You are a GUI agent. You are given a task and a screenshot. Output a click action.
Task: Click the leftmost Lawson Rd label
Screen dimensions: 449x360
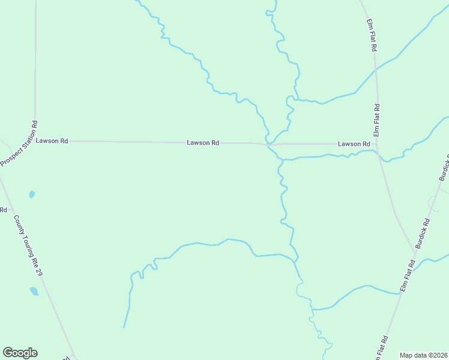pos(52,141)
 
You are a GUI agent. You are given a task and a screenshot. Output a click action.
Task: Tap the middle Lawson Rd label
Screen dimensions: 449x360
pos(203,143)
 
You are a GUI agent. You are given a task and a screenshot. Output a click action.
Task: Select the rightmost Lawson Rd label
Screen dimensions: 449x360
pos(354,144)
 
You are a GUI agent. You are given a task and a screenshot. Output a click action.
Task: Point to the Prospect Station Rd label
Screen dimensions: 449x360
pos(19,144)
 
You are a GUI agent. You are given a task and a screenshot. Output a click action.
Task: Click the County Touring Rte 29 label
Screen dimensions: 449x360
pos(29,246)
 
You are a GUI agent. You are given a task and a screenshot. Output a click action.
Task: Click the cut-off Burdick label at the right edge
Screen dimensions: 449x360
pos(444,167)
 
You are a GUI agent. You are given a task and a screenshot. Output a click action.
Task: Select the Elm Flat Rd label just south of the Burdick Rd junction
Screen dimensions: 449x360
pos(408,275)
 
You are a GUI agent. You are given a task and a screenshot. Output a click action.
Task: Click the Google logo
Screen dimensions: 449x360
pos(20,353)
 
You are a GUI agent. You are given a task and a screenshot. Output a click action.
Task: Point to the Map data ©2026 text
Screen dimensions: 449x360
pos(423,355)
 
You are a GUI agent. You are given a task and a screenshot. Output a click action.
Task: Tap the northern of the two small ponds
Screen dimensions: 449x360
pos(32,194)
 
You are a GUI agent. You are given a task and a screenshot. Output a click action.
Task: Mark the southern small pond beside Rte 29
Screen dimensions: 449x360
pos(34,292)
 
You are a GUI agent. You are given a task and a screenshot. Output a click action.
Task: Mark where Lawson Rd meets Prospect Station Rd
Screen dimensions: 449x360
pos(35,141)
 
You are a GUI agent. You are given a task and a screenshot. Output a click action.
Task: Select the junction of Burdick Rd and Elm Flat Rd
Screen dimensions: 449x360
pos(415,250)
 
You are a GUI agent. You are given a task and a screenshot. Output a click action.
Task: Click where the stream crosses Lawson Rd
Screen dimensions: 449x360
pos(268,144)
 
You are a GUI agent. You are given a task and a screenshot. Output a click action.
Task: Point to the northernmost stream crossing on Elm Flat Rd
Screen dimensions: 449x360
pos(376,70)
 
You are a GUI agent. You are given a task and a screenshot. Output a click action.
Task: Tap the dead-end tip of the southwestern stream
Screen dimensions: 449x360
pos(124,327)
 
